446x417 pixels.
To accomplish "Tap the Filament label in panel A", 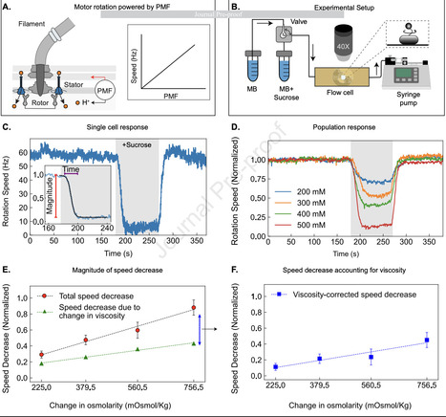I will tap(28, 28).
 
